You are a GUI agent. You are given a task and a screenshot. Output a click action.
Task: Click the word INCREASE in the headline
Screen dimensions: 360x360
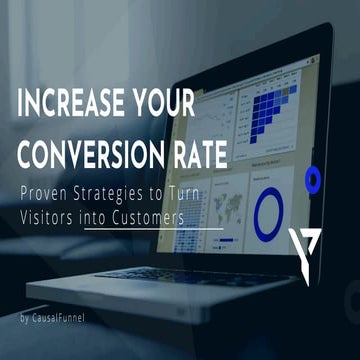coord(68,104)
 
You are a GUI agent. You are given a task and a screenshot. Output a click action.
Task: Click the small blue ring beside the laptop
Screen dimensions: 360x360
coord(312,180)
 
